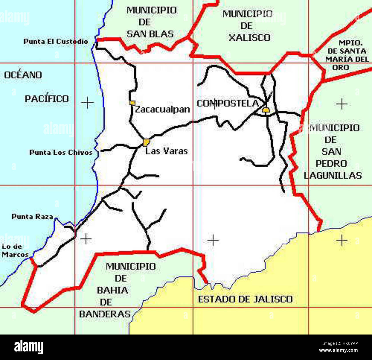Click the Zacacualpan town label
pos(162,109)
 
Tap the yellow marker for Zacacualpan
pos(132,103)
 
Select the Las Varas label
pos(166,151)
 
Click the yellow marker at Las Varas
pos(146,142)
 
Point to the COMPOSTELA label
pos(227,103)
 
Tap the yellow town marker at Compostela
pos(266,110)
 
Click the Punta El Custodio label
pos(56,42)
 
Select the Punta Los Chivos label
pos(61,152)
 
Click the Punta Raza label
pos(32,217)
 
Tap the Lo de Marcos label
pos(15,251)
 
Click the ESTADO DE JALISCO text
pos(245,299)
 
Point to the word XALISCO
pos(249,38)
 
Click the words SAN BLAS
pos(150,34)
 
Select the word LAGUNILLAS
pos(333,176)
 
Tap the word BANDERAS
pos(105,314)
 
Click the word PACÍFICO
pos(47,99)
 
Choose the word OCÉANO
pos(23,75)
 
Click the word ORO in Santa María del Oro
pos(341,68)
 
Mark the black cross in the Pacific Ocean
pos(87,103)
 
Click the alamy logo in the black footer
pos(29,347)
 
